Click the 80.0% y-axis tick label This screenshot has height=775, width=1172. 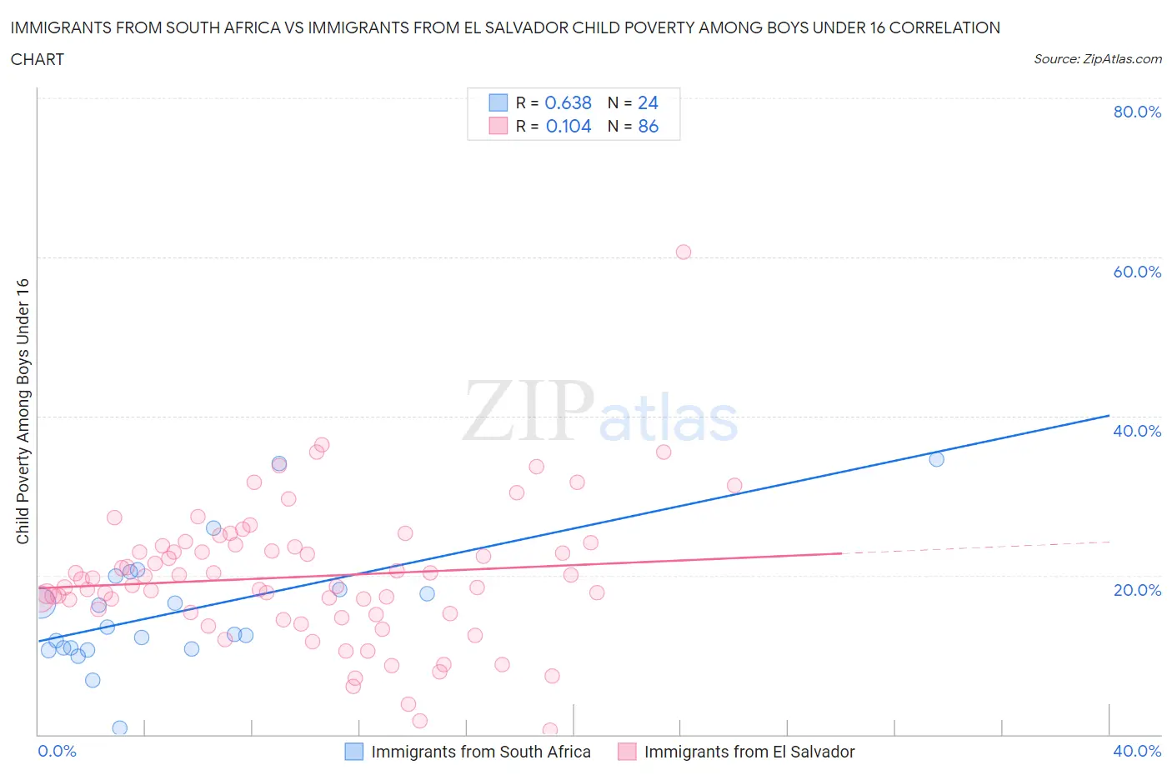click(x=1136, y=112)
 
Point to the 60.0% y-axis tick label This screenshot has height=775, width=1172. click(x=1136, y=272)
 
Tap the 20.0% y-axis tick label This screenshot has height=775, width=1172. click(x=1136, y=590)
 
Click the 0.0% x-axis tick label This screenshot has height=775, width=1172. click(x=57, y=751)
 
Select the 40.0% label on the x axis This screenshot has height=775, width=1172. click(x=1136, y=751)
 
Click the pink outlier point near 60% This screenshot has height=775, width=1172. click(x=684, y=252)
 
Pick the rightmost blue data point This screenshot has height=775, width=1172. click(x=936, y=459)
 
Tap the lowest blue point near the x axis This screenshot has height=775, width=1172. click(x=119, y=727)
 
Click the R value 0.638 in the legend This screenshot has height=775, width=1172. click(x=568, y=102)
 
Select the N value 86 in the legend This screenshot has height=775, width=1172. click(x=648, y=126)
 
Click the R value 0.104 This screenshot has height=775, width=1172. click(x=568, y=126)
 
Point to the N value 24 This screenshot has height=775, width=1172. click(x=648, y=102)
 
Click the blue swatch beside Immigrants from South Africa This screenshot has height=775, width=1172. click(x=354, y=752)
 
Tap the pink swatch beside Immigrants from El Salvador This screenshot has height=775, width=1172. click(x=627, y=752)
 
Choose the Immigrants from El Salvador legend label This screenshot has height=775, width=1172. click(x=749, y=752)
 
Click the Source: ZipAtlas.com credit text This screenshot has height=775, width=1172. click(x=1097, y=59)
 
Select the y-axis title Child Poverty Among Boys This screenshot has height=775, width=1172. click(x=23, y=411)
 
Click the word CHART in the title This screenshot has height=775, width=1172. click(x=37, y=59)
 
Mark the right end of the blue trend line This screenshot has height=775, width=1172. click(x=1109, y=415)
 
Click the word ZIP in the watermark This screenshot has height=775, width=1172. click(x=528, y=410)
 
